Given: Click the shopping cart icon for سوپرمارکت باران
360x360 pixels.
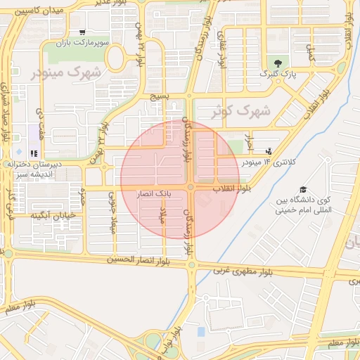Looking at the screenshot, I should (83, 32).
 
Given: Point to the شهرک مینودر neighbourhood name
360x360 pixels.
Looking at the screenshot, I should (67, 72).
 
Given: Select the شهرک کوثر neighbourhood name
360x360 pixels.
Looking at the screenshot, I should (241, 110).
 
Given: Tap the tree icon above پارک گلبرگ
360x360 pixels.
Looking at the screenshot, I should (277, 63).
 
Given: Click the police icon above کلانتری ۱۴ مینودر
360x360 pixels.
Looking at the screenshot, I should (269, 151).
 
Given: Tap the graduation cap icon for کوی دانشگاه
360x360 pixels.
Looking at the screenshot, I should (303, 189).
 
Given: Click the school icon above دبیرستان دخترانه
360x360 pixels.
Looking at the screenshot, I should (34, 153).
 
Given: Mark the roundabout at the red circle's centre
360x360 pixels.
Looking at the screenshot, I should (191, 186).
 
